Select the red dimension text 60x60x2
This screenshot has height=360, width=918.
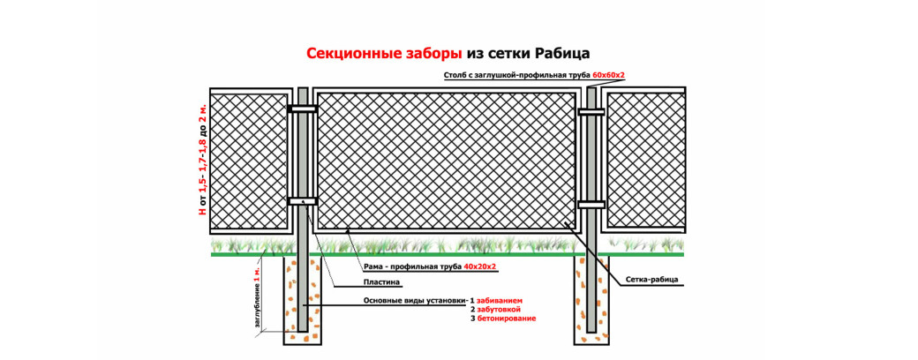[x=609, y=76]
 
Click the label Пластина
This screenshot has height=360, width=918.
[x=381, y=282]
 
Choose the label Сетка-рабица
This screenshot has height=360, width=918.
[x=654, y=280]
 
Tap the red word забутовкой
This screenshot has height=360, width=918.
[x=499, y=309]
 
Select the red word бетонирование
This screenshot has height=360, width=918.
[x=507, y=319]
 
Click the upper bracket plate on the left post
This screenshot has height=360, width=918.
[x=303, y=109]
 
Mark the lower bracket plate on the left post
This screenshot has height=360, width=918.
[x=303, y=201]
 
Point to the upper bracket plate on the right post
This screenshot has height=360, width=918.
[x=591, y=111]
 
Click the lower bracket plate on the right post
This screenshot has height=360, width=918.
[x=591, y=205]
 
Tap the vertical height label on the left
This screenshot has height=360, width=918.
[x=202, y=160]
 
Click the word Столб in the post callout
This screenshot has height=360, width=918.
[x=454, y=76]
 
